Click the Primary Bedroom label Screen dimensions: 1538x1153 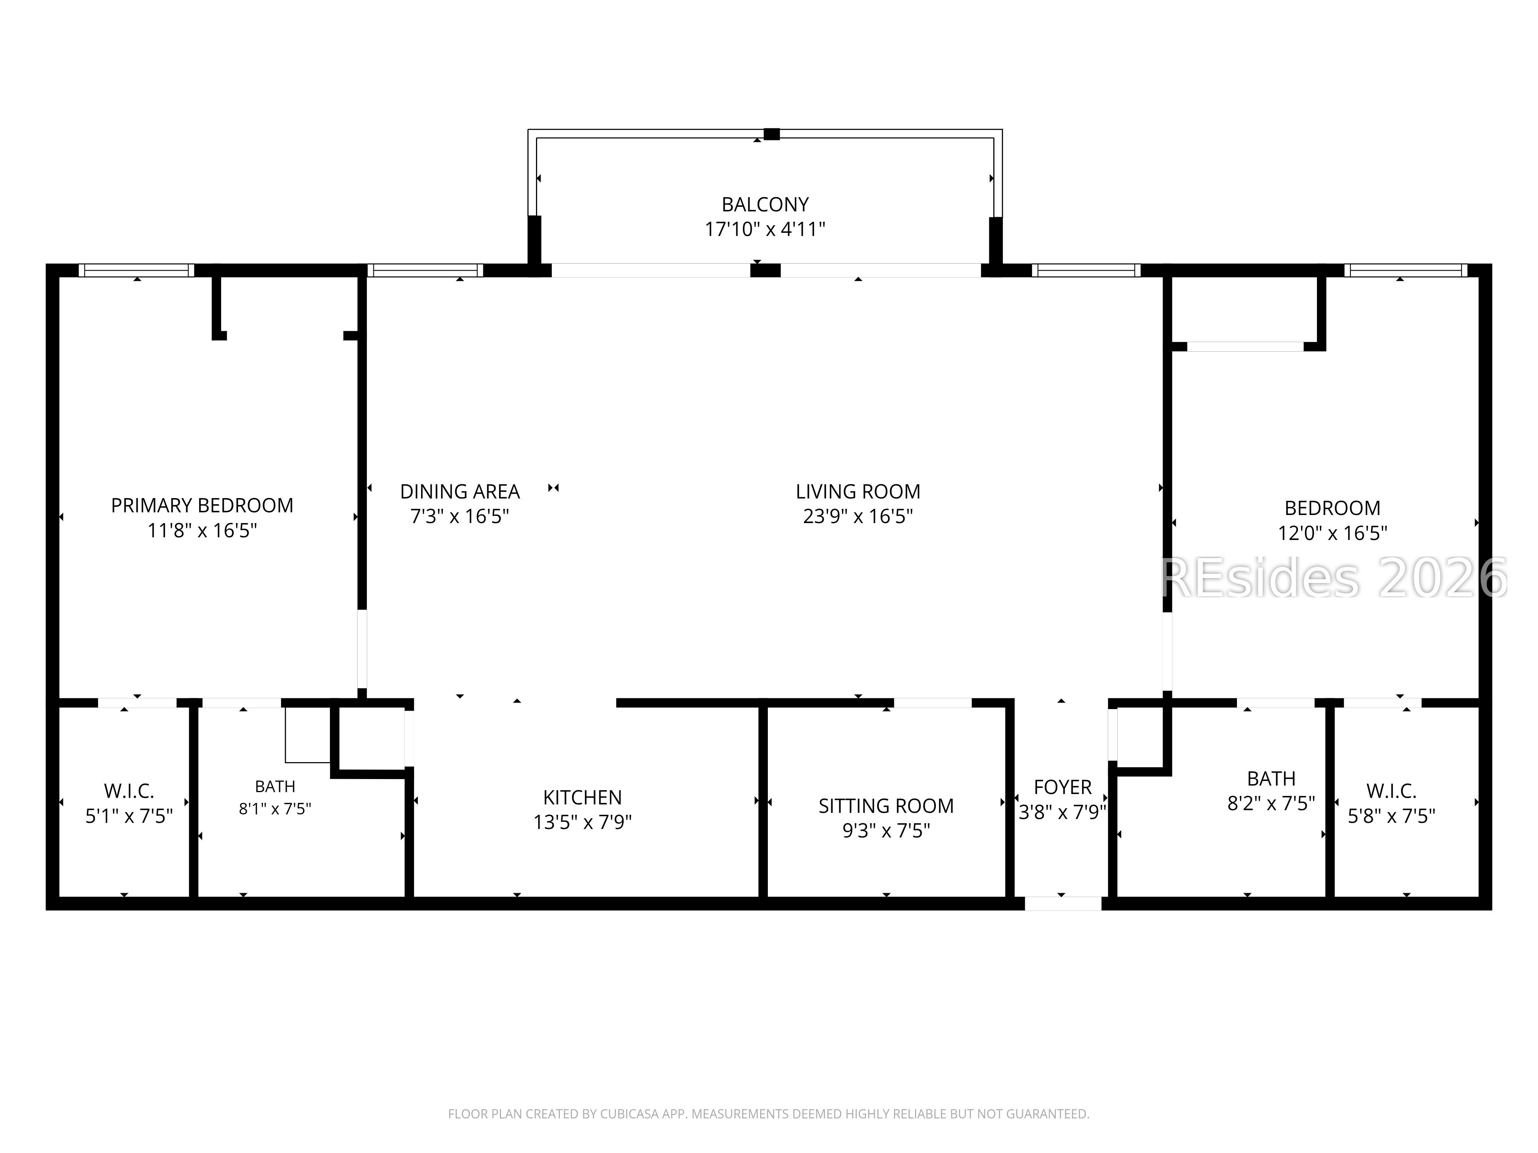tap(201, 505)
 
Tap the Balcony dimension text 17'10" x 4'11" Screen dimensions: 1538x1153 tap(765, 229)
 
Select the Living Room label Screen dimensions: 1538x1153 tap(858, 491)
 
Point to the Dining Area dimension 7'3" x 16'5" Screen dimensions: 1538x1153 tap(459, 517)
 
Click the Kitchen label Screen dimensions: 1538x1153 tap(583, 797)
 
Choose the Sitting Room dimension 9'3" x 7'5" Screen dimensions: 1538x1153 tap(886, 831)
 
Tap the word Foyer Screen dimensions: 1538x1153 tap(1062, 787)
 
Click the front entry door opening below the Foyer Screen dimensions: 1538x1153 tap(1063, 904)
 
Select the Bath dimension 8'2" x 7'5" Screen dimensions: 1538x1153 tap(1271, 803)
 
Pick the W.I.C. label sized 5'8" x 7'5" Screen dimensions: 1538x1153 tap(1391, 791)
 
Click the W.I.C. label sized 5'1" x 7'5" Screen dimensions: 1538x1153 tap(129, 791)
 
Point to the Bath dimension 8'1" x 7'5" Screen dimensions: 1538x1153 tap(275, 809)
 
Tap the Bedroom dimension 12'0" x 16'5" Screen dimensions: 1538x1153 tap(1332, 533)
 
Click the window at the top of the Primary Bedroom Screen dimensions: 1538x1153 tap(137, 270)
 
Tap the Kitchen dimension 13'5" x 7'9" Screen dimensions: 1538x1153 tap(583, 822)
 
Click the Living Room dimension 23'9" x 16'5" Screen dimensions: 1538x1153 tap(858, 517)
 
